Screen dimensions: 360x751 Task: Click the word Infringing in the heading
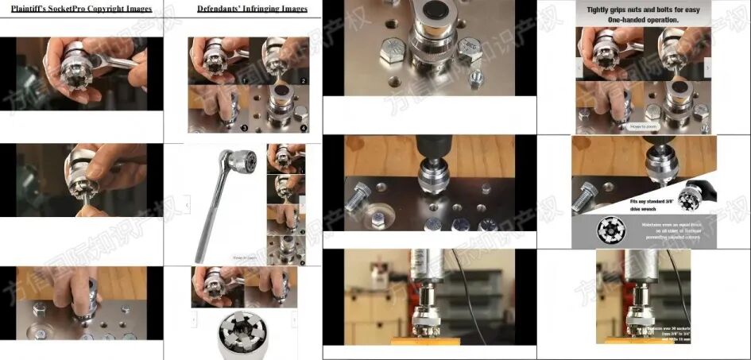tap(257, 9)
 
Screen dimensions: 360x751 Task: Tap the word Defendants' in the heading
tap(219, 9)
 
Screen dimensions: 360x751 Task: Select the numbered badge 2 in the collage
tap(303, 81)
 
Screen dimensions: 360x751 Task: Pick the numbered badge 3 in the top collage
tap(244, 127)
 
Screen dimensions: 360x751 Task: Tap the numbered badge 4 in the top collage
tap(303, 127)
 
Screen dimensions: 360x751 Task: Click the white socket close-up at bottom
tap(243, 334)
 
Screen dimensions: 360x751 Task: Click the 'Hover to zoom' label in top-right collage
tap(643, 126)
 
